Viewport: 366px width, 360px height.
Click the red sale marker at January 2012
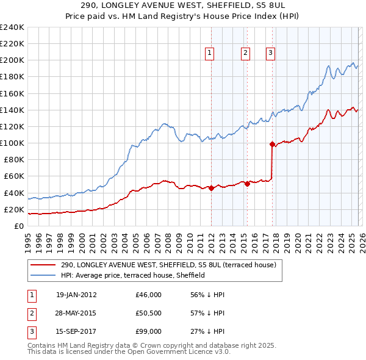click(211, 189)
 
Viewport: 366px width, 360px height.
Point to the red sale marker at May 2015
click(247, 184)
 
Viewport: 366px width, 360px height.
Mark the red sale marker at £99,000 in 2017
click(272, 145)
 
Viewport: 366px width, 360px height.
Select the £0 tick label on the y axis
click(18, 226)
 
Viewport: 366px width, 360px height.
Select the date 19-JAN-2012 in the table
click(76, 295)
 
